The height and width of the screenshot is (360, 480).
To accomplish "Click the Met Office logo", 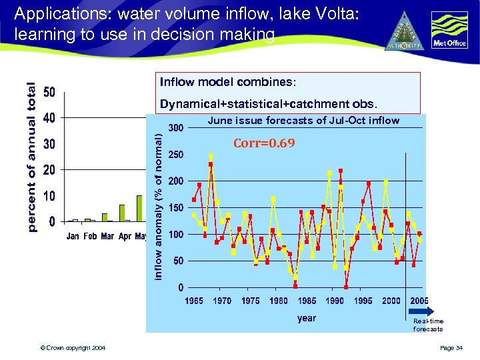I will (449, 31).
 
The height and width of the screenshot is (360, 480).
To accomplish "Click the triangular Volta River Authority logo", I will (405, 32).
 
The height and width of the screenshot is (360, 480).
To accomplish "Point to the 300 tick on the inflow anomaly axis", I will (176, 128).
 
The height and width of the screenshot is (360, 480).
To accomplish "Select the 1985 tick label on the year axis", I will (307, 301).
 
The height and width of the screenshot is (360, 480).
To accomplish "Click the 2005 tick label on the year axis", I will (419, 301).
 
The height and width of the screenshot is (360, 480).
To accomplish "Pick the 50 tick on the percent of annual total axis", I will (49, 92).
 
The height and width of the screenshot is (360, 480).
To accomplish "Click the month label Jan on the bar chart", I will (73, 237).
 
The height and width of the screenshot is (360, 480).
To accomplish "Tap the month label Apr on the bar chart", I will (125, 237).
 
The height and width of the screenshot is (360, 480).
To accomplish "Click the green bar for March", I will (105, 217).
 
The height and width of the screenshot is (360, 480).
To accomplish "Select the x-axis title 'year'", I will (307, 318).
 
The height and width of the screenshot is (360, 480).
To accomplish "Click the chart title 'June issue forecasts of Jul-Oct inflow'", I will (303, 121).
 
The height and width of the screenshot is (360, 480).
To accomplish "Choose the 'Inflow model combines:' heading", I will (226, 82).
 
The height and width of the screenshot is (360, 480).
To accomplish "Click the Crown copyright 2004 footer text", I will (72, 349).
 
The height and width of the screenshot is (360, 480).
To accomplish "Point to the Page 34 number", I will (455, 349).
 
